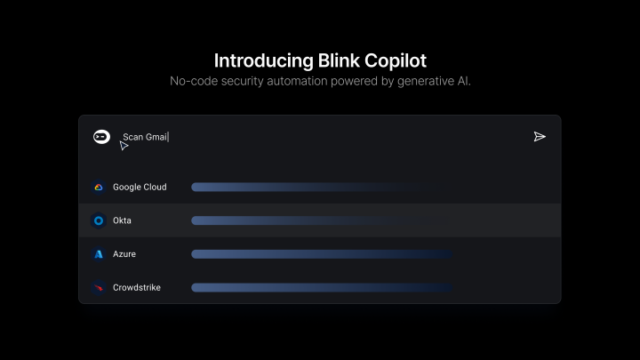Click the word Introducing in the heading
[264, 61]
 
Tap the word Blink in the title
[339, 60]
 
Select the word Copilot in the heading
[396, 61]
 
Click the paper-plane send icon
[540, 137]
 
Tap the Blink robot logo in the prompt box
[101, 137]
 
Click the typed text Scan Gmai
[145, 137]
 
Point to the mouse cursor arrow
[124, 146]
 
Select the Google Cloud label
[140, 187]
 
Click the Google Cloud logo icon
[99, 187]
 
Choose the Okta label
[122, 220]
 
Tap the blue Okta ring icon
[99, 220]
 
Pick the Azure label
[124, 254]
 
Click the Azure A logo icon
[99, 254]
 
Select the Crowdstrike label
[137, 287]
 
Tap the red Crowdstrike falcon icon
[99, 287]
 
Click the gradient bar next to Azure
[322, 254]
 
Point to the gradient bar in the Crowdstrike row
[322, 287]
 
